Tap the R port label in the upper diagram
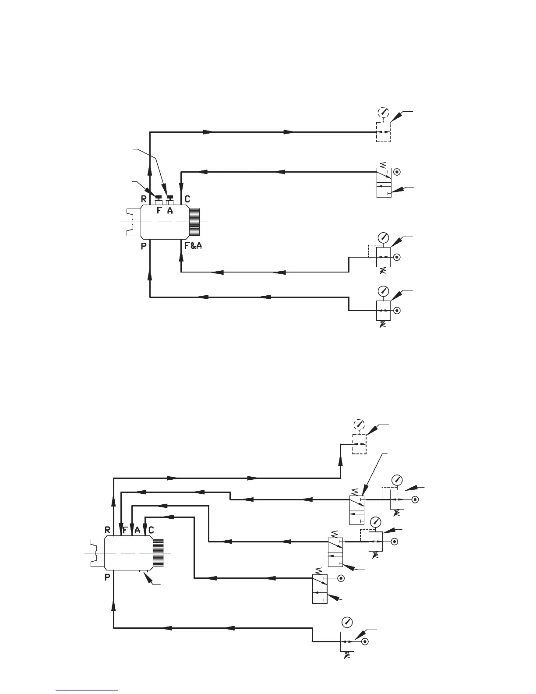144,198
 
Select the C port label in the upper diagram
187,198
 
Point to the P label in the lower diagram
107,578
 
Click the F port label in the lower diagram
125,530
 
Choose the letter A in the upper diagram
170,210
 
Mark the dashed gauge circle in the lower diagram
359,425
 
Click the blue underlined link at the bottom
87,690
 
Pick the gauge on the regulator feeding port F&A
384,238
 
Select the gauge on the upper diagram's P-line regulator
384,291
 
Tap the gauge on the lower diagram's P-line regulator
348,623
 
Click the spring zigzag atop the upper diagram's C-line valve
384,166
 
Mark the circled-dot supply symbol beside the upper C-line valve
397,172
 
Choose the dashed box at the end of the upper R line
384,132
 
